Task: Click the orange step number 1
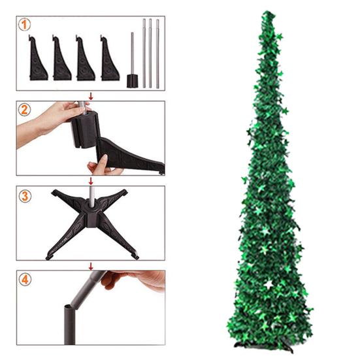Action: pyautogui.click(x=24, y=25)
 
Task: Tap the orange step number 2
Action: pyautogui.click(x=24, y=110)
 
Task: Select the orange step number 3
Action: pyautogui.click(x=24, y=196)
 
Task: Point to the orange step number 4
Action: pyautogui.click(x=25, y=280)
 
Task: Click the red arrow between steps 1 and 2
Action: pyautogui.click(x=91, y=96)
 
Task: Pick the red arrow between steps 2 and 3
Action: pyautogui.click(x=91, y=181)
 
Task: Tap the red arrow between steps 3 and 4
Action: pyautogui.click(x=91, y=267)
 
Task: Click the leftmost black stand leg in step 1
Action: pyautogui.click(x=37, y=59)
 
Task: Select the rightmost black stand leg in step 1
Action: pyautogui.click(x=109, y=59)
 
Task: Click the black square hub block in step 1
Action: pyautogui.click(x=133, y=81)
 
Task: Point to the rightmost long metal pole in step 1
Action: pyautogui.click(x=157, y=54)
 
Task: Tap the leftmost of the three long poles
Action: pyautogui.click(x=144, y=54)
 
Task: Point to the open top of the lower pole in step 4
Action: pyautogui.click(x=69, y=306)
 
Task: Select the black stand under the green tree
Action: pyautogui.click(x=264, y=346)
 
